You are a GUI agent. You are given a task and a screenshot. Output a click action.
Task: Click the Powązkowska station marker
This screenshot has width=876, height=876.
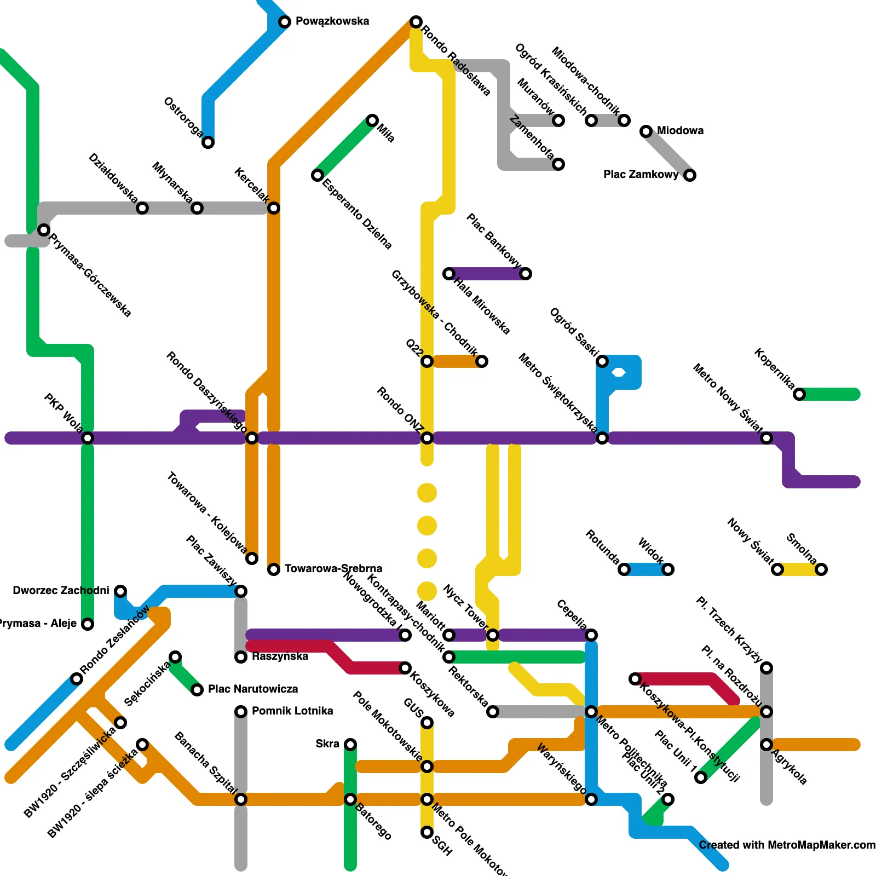[x=285, y=22]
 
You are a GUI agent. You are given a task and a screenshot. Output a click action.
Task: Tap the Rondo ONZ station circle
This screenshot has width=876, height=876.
[x=427, y=438]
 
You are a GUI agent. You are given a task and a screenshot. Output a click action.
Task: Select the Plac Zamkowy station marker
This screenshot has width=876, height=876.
[x=690, y=175]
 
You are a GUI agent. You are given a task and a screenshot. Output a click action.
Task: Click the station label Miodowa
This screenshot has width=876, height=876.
[x=680, y=130]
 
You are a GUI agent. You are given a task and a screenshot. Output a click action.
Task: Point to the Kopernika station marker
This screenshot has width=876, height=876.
[x=799, y=394]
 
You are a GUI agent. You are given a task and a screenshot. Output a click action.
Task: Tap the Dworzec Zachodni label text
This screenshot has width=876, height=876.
[x=61, y=590]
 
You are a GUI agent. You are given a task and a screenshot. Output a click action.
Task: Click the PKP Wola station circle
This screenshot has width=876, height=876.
[x=88, y=438]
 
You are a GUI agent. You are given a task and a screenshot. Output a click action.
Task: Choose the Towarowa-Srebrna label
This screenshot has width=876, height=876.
[x=333, y=568]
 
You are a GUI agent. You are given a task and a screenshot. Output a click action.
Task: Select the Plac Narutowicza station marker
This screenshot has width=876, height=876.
[x=197, y=690]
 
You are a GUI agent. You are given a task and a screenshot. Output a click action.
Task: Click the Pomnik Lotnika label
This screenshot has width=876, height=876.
[x=292, y=711]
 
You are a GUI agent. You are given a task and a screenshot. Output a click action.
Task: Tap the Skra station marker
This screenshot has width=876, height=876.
[x=350, y=745]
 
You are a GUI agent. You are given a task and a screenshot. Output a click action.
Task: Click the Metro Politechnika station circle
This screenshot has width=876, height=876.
[x=591, y=712]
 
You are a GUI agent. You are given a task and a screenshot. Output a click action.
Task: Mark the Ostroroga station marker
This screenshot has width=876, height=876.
[x=208, y=142]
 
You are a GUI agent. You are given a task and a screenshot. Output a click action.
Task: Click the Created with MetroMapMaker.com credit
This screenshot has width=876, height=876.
[x=787, y=845]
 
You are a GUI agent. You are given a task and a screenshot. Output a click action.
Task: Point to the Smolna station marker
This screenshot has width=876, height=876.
[x=821, y=569]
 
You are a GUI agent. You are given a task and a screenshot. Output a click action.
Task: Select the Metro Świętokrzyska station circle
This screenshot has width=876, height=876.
[x=602, y=438]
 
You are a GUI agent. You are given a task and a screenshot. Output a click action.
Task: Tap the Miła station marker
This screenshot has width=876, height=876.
[x=372, y=120]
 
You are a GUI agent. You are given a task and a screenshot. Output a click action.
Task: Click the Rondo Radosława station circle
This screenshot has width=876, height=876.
[x=416, y=22]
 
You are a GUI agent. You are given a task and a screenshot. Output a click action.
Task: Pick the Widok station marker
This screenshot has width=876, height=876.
[x=668, y=569]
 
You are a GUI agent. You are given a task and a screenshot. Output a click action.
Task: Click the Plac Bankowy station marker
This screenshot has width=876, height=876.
[x=526, y=274]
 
